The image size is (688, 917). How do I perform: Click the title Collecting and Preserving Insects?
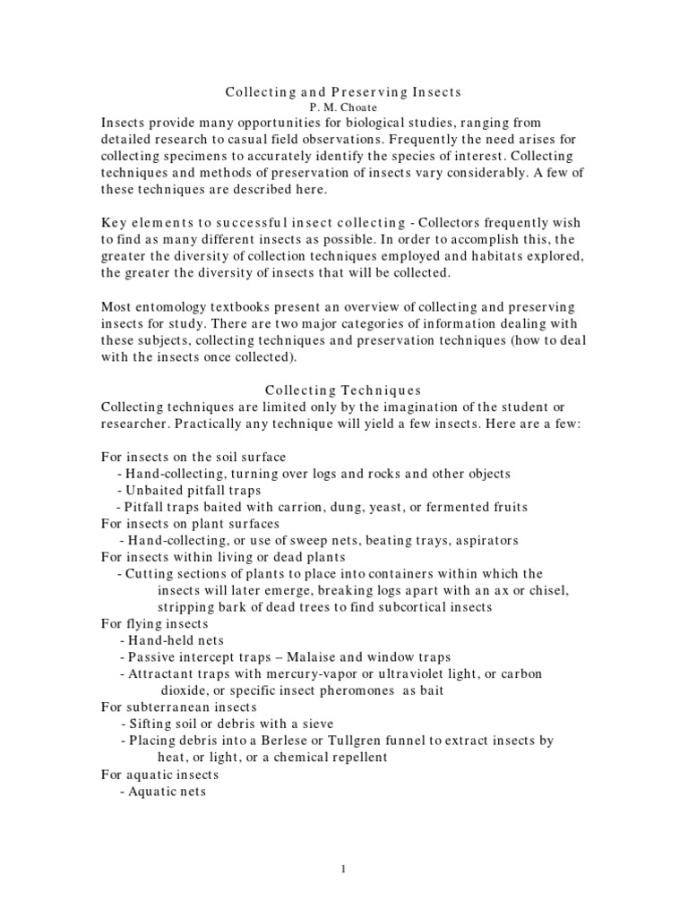point(343,91)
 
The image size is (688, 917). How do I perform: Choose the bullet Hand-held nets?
point(176,640)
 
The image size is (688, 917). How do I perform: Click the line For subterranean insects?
point(180,707)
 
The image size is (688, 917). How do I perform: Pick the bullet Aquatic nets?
point(167,791)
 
